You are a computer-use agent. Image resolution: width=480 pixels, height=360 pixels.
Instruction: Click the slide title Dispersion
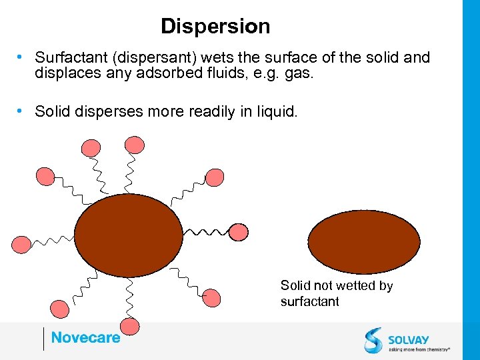pyautogui.click(x=215, y=27)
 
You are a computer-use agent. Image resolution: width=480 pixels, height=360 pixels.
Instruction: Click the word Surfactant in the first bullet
pyautogui.click(x=69, y=58)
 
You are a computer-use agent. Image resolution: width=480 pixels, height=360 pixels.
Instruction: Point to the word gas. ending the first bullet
pyautogui.click(x=298, y=73)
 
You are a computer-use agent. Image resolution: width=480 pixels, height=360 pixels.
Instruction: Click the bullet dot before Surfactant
pyautogui.click(x=21, y=57)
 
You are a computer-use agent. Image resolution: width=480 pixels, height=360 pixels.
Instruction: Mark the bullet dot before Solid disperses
pyautogui.click(x=21, y=111)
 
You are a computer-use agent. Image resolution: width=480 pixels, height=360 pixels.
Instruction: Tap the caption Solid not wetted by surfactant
pyautogui.click(x=337, y=293)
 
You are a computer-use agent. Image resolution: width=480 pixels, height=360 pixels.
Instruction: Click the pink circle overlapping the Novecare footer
pyautogui.click(x=131, y=327)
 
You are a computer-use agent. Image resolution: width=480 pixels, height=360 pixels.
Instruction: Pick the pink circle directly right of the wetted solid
pyautogui.click(x=241, y=230)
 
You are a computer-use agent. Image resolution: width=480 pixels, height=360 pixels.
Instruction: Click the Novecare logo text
pyautogui.click(x=85, y=338)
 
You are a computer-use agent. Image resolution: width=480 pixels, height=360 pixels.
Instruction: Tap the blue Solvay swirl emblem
pyautogui.click(x=373, y=340)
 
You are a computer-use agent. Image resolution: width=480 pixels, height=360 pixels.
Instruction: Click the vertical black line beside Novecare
pyautogui.click(x=43, y=339)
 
